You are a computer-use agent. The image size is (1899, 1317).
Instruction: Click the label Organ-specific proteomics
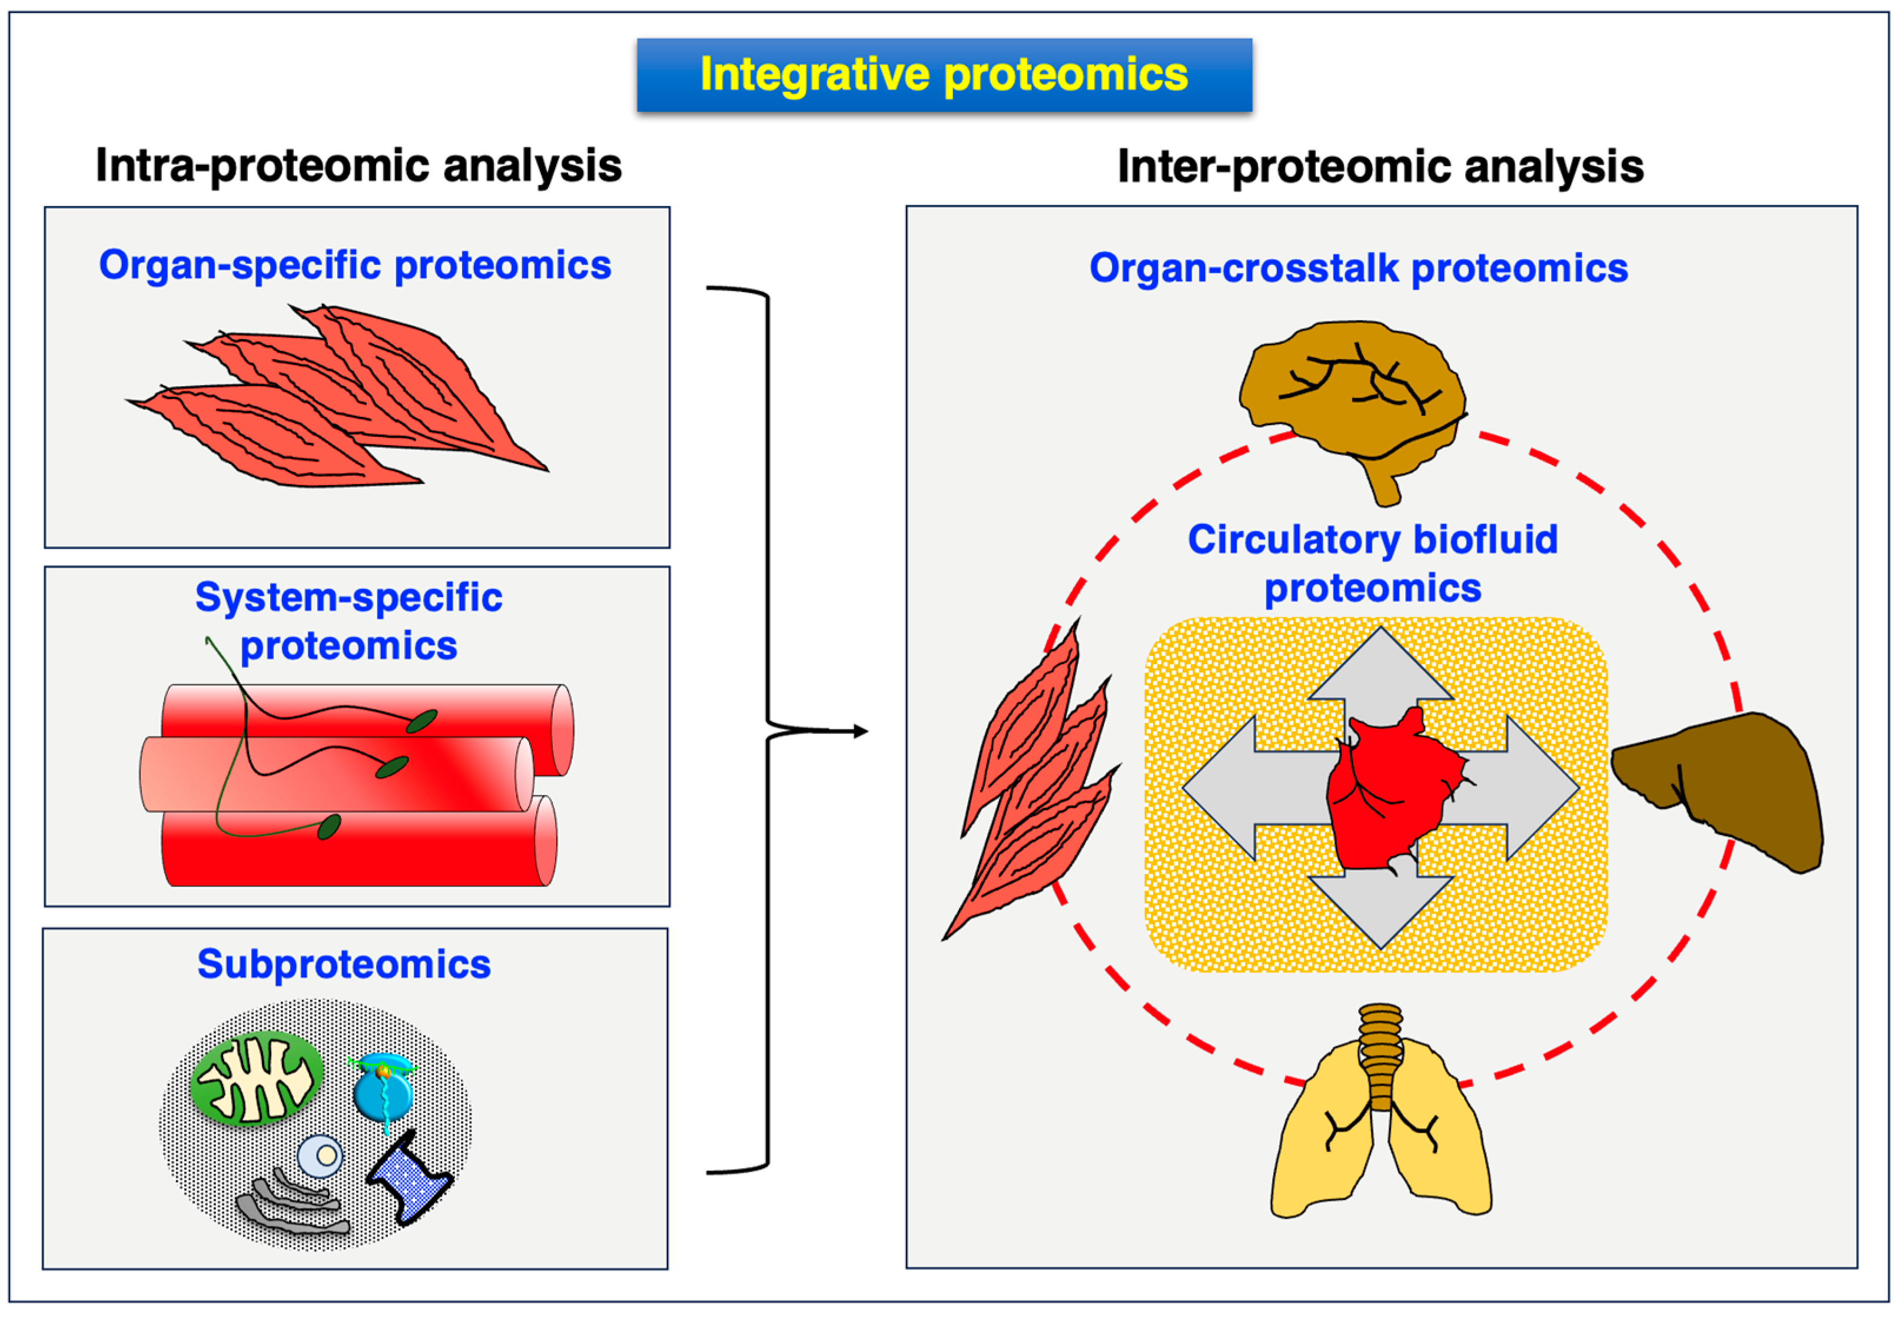click(x=355, y=266)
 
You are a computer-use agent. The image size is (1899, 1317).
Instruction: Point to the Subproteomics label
click(x=343, y=964)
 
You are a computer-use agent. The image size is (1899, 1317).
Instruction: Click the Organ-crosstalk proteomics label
click(x=1358, y=268)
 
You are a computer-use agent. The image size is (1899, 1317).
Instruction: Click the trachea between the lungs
click(x=1381, y=1056)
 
